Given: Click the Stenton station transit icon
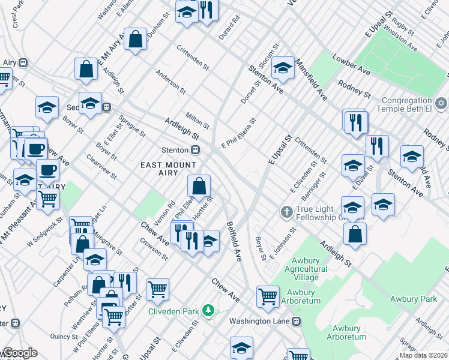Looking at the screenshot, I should pyautogui.click(x=195, y=150).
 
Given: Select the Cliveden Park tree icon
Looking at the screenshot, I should pyautogui.click(x=208, y=310).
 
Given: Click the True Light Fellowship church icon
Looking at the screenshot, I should pyautogui.click(x=287, y=212).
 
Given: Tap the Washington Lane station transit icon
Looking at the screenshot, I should pyautogui.click(x=295, y=321).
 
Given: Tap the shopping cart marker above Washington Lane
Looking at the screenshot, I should pyautogui.click(x=267, y=295).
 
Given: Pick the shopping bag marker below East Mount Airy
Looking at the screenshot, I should pyautogui.click(x=199, y=187).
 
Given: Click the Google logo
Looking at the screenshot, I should pyautogui.click(x=19, y=353).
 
